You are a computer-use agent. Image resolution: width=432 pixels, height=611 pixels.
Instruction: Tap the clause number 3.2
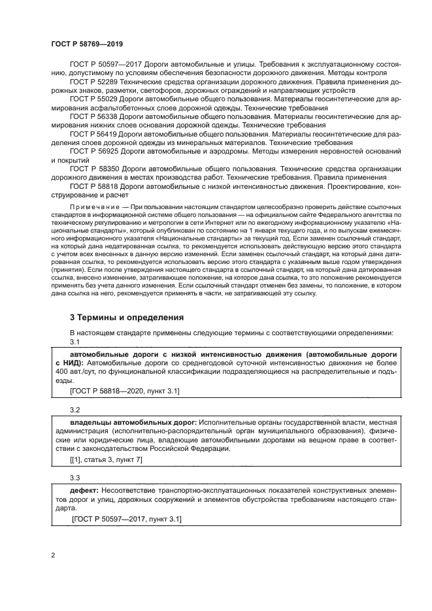coord(75,410)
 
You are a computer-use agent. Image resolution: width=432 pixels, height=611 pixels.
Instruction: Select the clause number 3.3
coord(75,478)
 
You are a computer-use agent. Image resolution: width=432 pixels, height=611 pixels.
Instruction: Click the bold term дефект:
coord(84,489)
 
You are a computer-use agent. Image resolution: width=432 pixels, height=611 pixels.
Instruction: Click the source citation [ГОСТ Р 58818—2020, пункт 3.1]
coord(124,391)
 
